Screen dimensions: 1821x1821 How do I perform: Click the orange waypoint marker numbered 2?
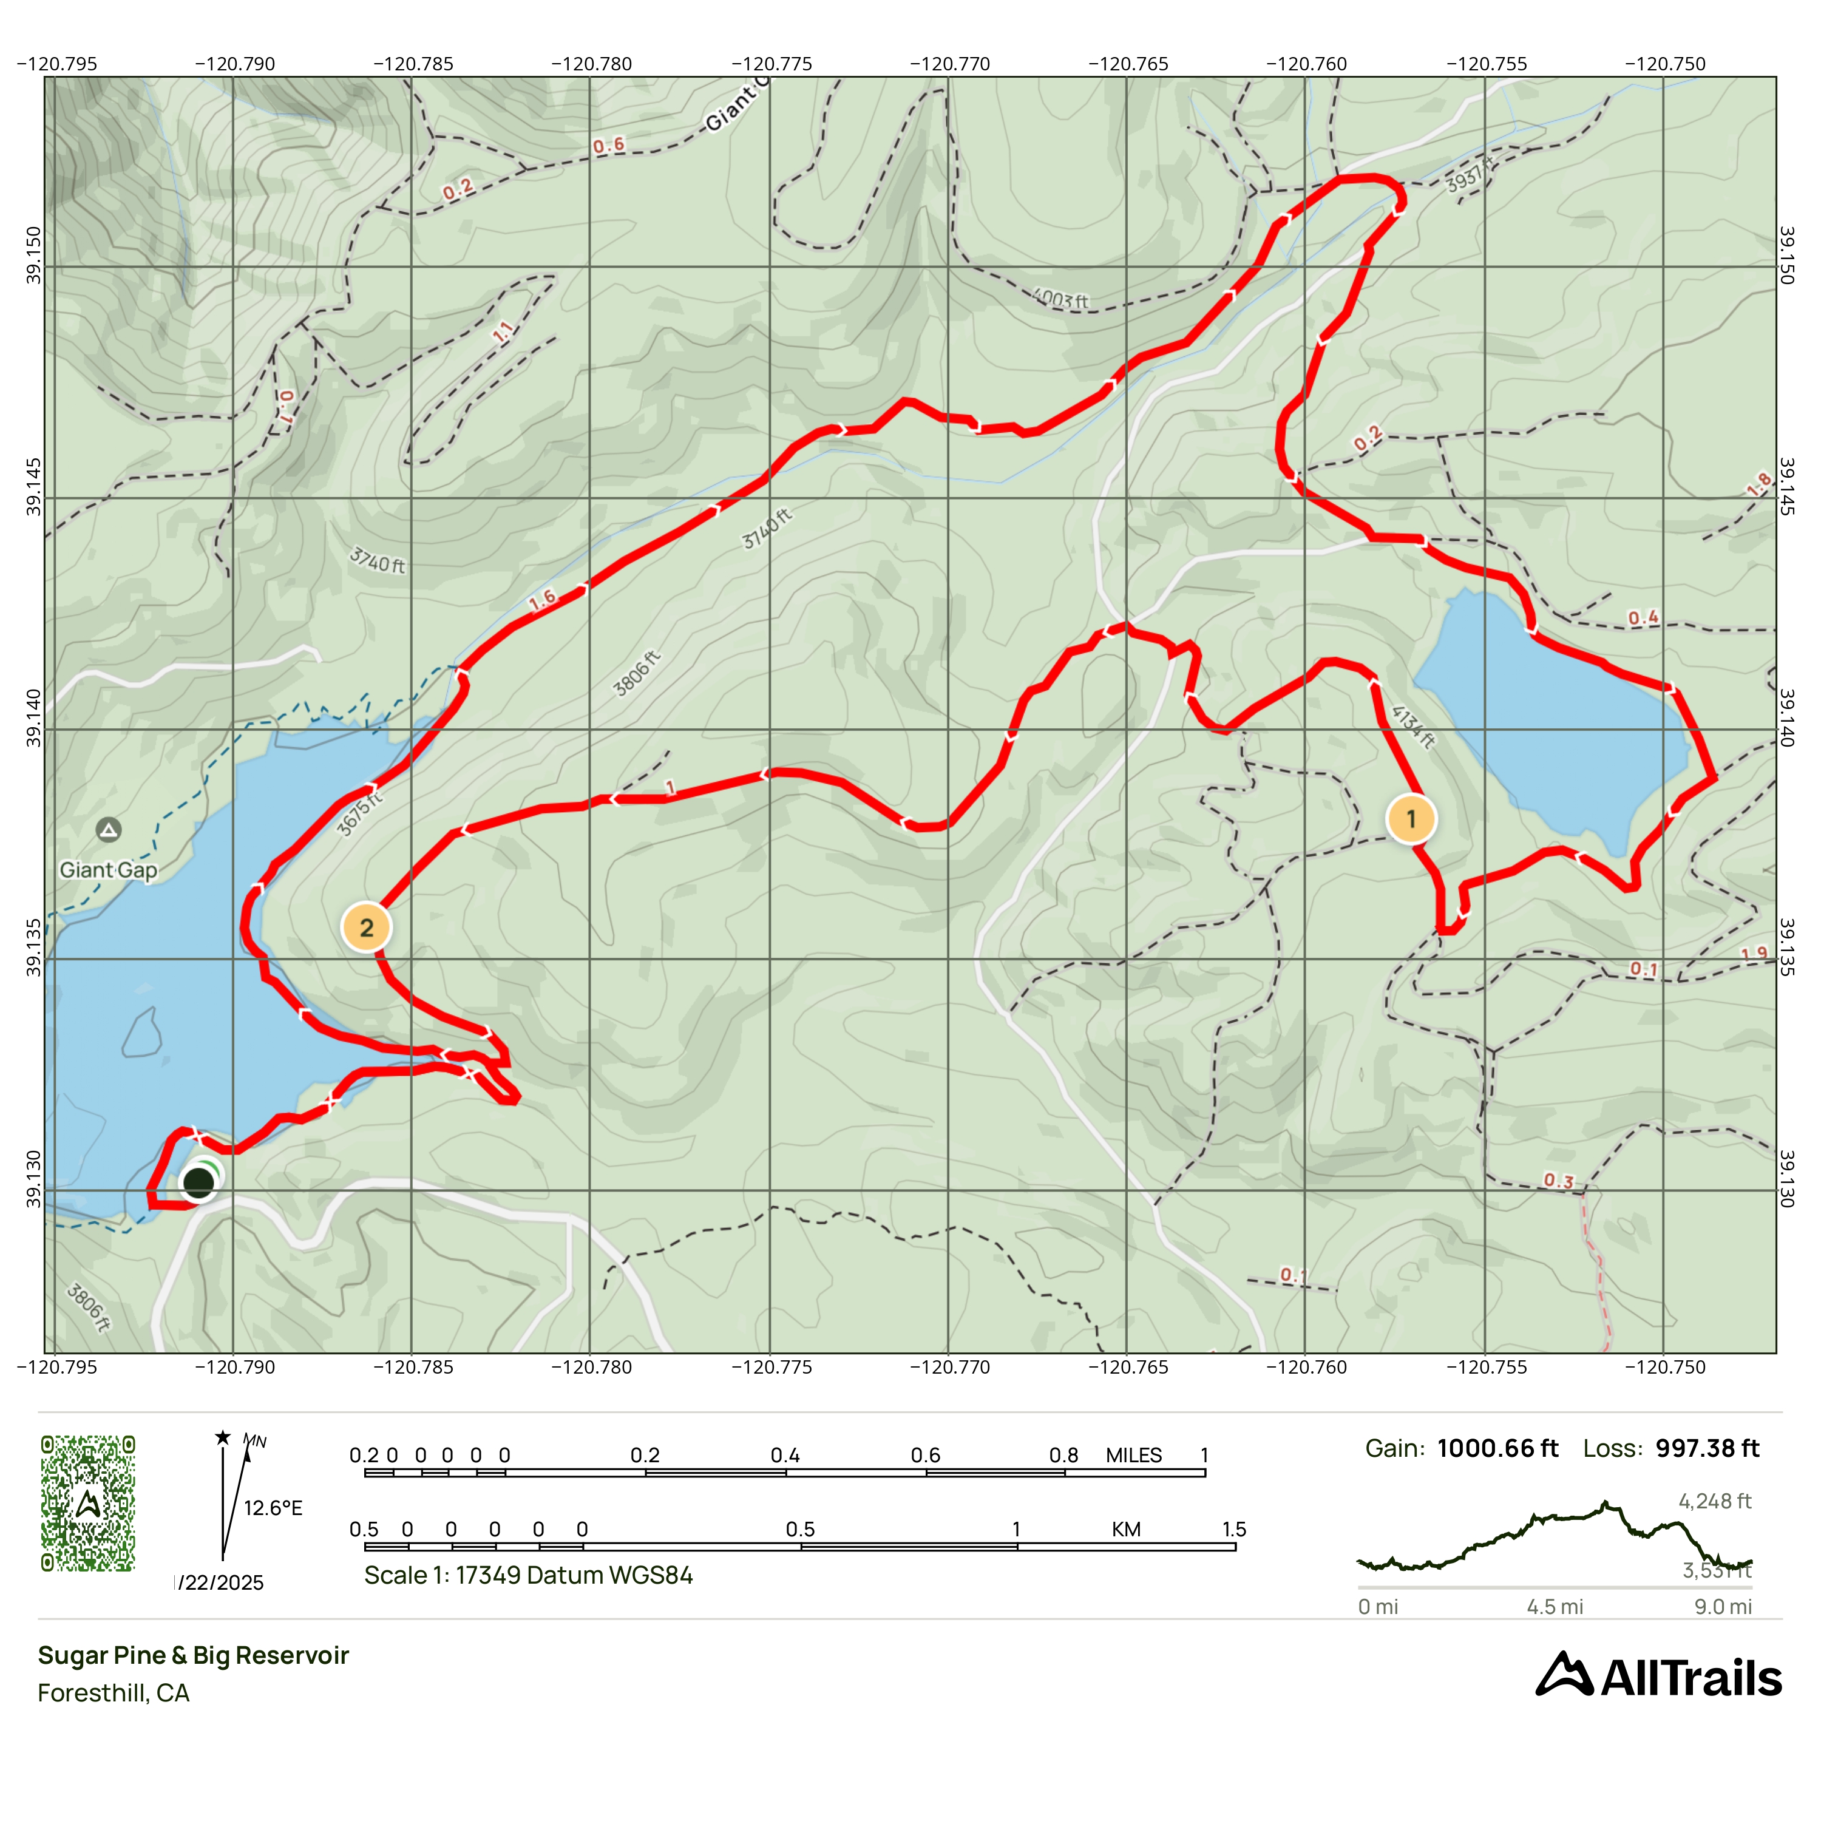[367, 927]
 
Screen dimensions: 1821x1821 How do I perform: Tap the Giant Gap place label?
[109, 870]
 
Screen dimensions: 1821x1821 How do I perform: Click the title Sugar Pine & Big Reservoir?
[193, 1655]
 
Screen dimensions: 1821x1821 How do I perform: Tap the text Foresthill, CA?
[113, 1693]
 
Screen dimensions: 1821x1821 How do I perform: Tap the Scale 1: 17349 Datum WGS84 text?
[528, 1575]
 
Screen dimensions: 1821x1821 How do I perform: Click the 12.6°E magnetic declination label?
[273, 1508]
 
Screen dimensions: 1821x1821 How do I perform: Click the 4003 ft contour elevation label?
[1061, 300]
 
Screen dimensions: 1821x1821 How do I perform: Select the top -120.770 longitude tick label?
[949, 64]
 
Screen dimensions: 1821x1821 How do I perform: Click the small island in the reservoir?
[141, 1033]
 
